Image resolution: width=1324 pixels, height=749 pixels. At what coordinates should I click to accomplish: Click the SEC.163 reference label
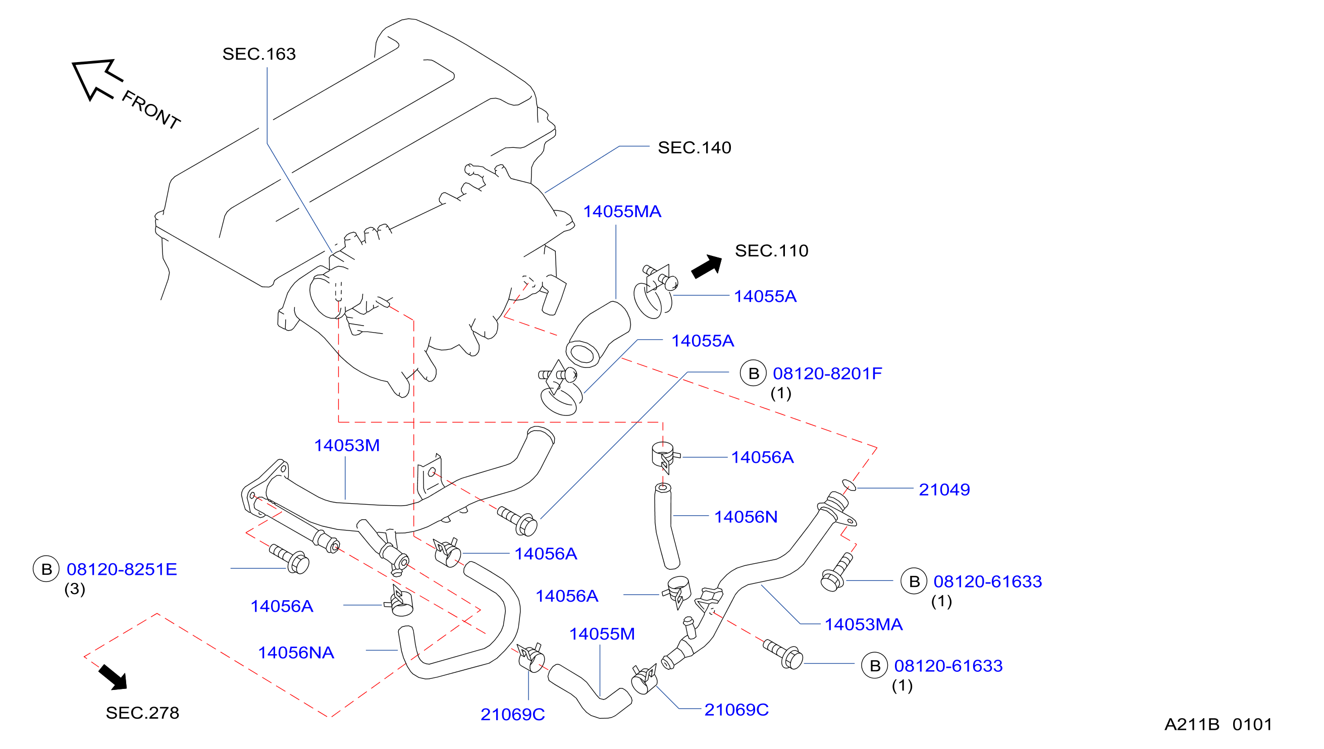(x=259, y=54)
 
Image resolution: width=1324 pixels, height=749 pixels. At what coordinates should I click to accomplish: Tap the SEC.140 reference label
(x=695, y=148)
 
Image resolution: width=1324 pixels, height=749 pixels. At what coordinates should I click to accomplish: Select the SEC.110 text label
(x=772, y=250)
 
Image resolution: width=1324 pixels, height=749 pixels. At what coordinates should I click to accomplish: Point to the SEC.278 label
(x=142, y=713)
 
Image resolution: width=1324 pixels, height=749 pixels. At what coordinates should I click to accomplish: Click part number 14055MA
(x=622, y=211)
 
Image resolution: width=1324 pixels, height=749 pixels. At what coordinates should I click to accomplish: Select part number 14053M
(x=347, y=445)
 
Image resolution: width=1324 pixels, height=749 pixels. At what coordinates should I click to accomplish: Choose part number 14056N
(x=746, y=516)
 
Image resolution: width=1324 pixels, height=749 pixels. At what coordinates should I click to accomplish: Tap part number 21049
(x=944, y=489)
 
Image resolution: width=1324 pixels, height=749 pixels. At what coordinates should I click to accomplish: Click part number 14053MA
(x=864, y=624)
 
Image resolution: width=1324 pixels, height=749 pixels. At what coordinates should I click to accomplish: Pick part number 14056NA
(x=296, y=652)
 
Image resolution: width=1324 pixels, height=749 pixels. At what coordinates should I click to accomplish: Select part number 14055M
(x=602, y=634)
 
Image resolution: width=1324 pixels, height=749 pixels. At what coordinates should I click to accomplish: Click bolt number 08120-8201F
(x=827, y=373)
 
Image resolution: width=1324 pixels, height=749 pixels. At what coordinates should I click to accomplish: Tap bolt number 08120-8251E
(x=122, y=569)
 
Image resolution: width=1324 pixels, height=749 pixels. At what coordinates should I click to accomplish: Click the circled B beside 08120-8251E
(x=46, y=569)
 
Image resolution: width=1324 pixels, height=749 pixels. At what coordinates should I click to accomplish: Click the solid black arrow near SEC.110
(x=707, y=266)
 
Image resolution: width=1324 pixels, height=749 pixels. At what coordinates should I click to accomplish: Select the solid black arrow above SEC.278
(x=113, y=677)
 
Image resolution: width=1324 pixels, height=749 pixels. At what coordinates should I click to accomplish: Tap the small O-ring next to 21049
(x=849, y=485)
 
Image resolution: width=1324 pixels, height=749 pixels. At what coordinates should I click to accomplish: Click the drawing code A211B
(x=1192, y=724)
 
